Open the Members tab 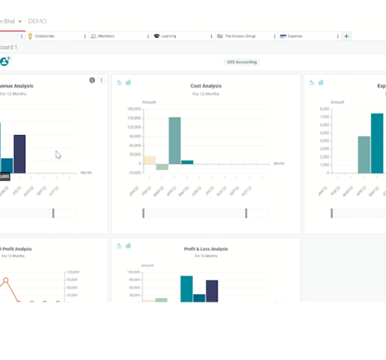click(x=108, y=36)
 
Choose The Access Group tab click(x=239, y=36)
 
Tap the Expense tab click(x=295, y=36)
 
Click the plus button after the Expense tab click(x=346, y=36)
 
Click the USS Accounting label click(x=241, y=62)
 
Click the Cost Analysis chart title click(x=206, y=86)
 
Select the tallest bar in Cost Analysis click(x=174, y=140)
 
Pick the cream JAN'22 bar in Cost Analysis click(x=149, y=160)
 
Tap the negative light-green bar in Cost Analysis click(x=162, y=167)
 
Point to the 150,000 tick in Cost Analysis click(x=134, y=117)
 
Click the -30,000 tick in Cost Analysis click(x=134, y=172)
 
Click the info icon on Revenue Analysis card click(x=92, y=80)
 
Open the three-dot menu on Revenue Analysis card click(x=102, y=80)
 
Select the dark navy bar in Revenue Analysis click(x=20, y=154)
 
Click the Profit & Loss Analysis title click(x=206, y=249)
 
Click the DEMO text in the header click(x=37, y=22)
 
